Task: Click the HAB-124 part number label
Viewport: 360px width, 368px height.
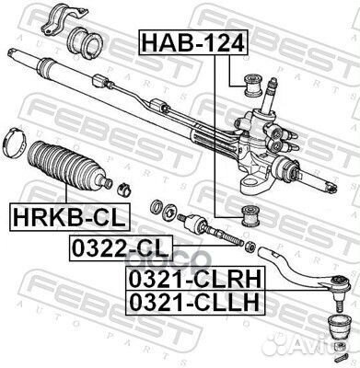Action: coord(180,41)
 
